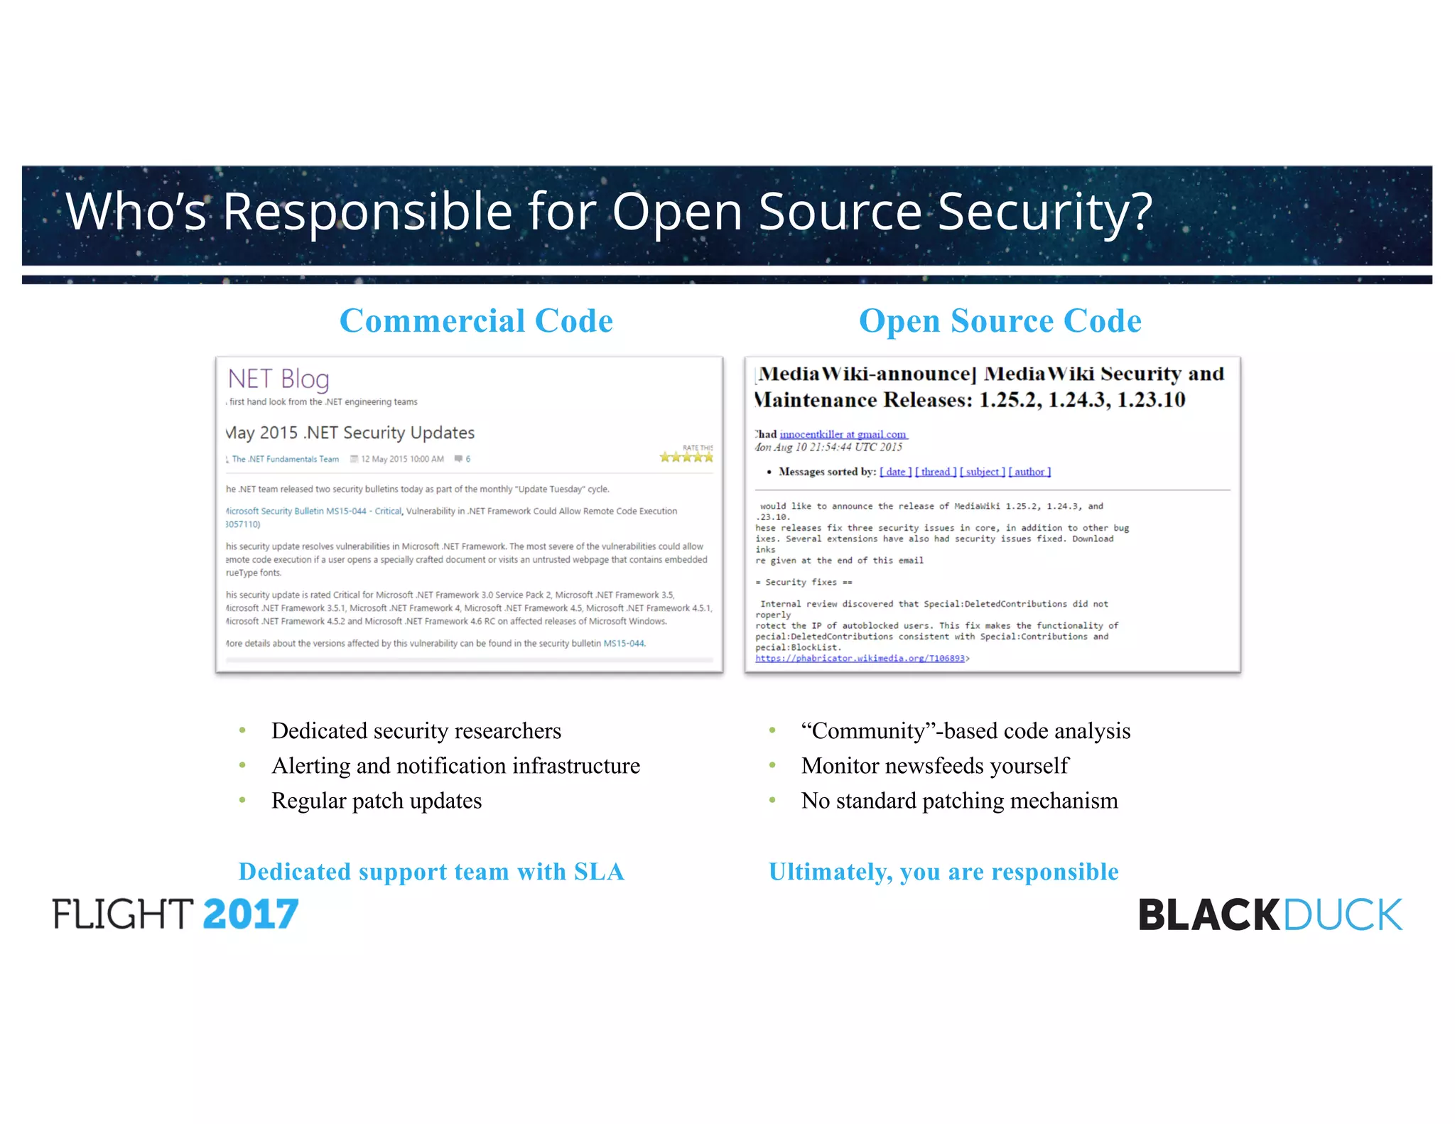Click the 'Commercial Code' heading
pyautogui.click(x=476, y=320)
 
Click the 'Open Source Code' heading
pyautogui.click(x=1000, y=320)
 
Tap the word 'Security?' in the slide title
pyautogui.click(x=1045, y=211)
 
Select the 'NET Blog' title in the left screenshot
pyautogui.click(x=278, y=379)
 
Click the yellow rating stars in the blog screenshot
pyautogui.click(x=686, y=457)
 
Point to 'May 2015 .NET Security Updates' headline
pyautogui.click(x=350, y=433)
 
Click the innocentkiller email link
pyautogui.click(x=843, y=434)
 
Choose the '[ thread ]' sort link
pyautogui.click(x=936, y=472)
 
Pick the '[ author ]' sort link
pyautogui.click(x=1029, y=472)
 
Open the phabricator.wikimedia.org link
pyautogui.click(x=860, y=659)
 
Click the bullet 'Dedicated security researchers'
pyautogui.click(x=416, y=730)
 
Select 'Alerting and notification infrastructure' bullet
pyautogui.click(x=455, y=765)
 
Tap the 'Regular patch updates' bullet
pyautogui.click(x=377, y=801)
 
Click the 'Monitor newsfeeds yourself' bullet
pyautogui.click(x=934, y=765)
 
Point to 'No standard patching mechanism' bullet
pyautogui.click(x=959, y=801)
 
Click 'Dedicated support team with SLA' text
pyautogui.click(x=431, y=871)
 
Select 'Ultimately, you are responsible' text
pyautogui.click(x=943, y=871)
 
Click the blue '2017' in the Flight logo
pyautogui.click(x=250, y=914)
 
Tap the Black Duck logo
pyautogui.click(x=1270, y=914)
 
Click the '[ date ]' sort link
pyautogui.click(x=895, y=472)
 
